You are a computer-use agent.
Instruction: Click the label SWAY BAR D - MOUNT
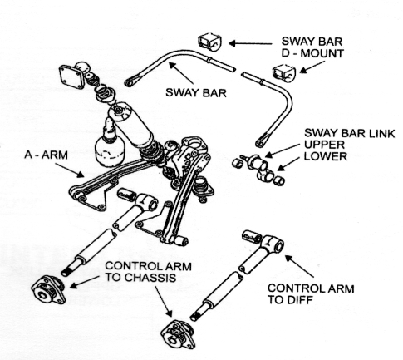pos(312,47)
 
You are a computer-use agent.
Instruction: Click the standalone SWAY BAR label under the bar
pos(196,92)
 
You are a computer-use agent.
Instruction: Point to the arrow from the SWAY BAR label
pos(180,73)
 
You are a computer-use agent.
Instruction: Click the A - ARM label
pos(46,155)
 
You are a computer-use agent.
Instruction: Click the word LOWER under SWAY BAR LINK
pos(326,156)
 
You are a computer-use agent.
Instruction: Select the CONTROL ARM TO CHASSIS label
pos(148,272)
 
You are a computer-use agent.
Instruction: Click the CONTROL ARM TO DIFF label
pos(311,294)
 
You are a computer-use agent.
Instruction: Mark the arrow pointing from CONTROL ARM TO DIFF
pos(299,266)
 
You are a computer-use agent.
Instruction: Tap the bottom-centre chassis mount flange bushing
pos(178,334)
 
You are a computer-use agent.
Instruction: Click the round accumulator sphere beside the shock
pos(110,150)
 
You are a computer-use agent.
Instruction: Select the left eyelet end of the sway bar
pos(130,82)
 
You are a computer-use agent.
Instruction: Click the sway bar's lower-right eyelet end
pos(261,142)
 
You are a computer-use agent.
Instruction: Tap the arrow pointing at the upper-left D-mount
pos(250,43)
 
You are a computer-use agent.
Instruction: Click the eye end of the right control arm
pos(274,244)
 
